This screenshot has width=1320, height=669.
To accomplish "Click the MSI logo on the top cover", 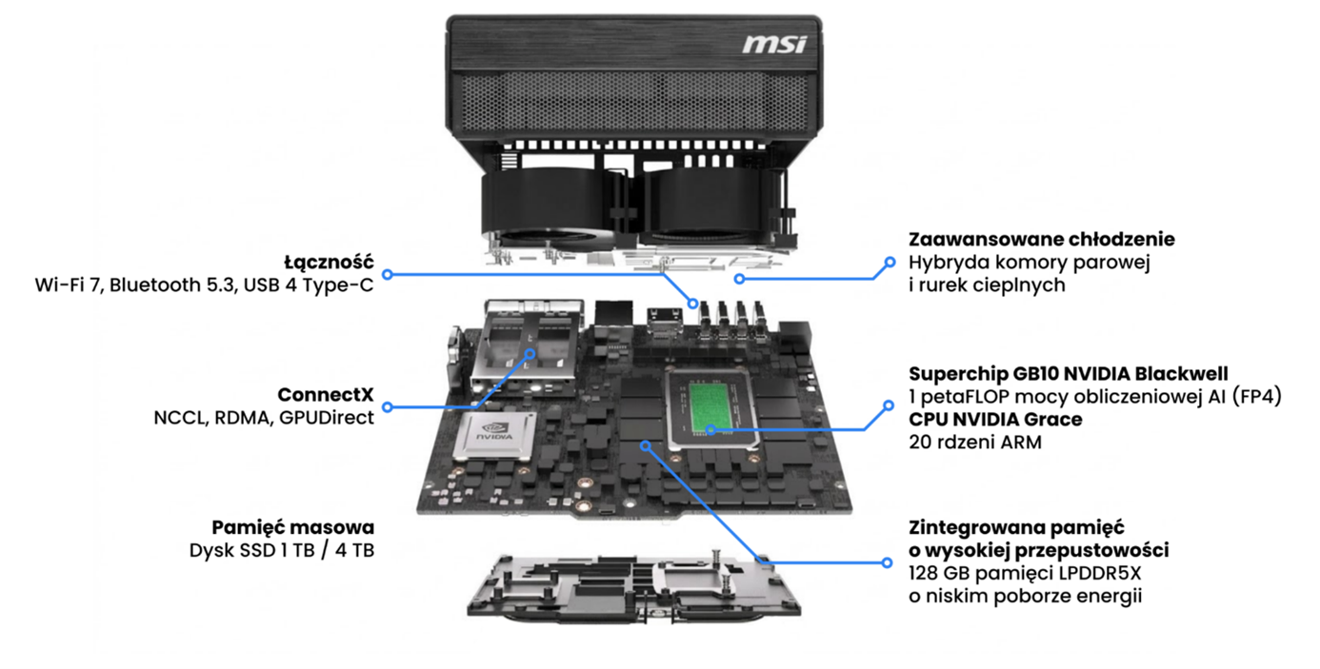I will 774,44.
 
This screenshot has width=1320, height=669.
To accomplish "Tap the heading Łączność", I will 329,262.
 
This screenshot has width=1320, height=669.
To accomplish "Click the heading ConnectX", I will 326,394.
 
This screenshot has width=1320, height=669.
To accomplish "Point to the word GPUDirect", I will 327,417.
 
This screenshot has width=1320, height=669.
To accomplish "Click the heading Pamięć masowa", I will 292,527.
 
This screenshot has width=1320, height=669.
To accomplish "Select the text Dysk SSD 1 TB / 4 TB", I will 282,550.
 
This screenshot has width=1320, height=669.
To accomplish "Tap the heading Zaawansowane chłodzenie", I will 1041,239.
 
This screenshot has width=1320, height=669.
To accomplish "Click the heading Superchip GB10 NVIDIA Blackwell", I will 1068,373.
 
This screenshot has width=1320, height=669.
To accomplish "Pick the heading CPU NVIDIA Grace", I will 995,419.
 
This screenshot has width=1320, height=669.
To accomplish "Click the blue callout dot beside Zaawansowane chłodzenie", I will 890,262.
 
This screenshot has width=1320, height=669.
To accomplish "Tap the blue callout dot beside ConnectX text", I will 388,406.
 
